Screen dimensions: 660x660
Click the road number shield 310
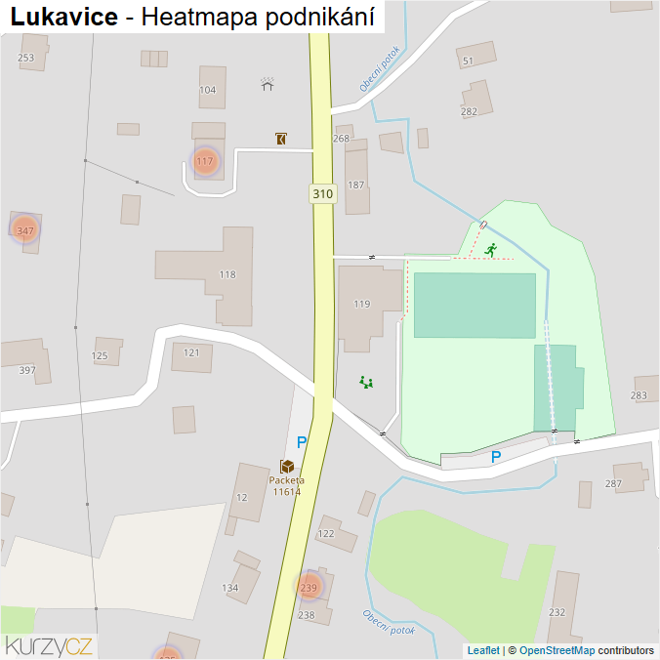coord(323,194)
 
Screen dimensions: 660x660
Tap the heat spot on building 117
coord(204,162)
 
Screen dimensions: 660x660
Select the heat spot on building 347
coord(25,230)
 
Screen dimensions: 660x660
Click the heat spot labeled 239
coord(309,587)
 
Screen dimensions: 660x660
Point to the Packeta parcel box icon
coord(287,467)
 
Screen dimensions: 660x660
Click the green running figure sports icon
coord(490,250)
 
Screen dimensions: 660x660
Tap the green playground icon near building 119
coord(367,383)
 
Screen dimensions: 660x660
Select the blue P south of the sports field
coord(496,457)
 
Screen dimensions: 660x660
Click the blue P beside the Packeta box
coord(302,443)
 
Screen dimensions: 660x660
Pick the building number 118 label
coord(227,275)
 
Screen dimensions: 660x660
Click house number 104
coord(207,90)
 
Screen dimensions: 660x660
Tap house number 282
coord(469,111)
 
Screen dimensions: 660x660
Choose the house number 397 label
coord(26,370)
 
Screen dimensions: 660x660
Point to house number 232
coord(557,612)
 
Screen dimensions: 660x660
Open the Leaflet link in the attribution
coord(483,650)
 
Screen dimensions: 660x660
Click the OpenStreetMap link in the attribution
coord(557,650)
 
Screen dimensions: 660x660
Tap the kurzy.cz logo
coord(49,644)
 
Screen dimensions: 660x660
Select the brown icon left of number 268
coord(281,139)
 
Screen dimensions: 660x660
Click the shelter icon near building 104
coord(268,84)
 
